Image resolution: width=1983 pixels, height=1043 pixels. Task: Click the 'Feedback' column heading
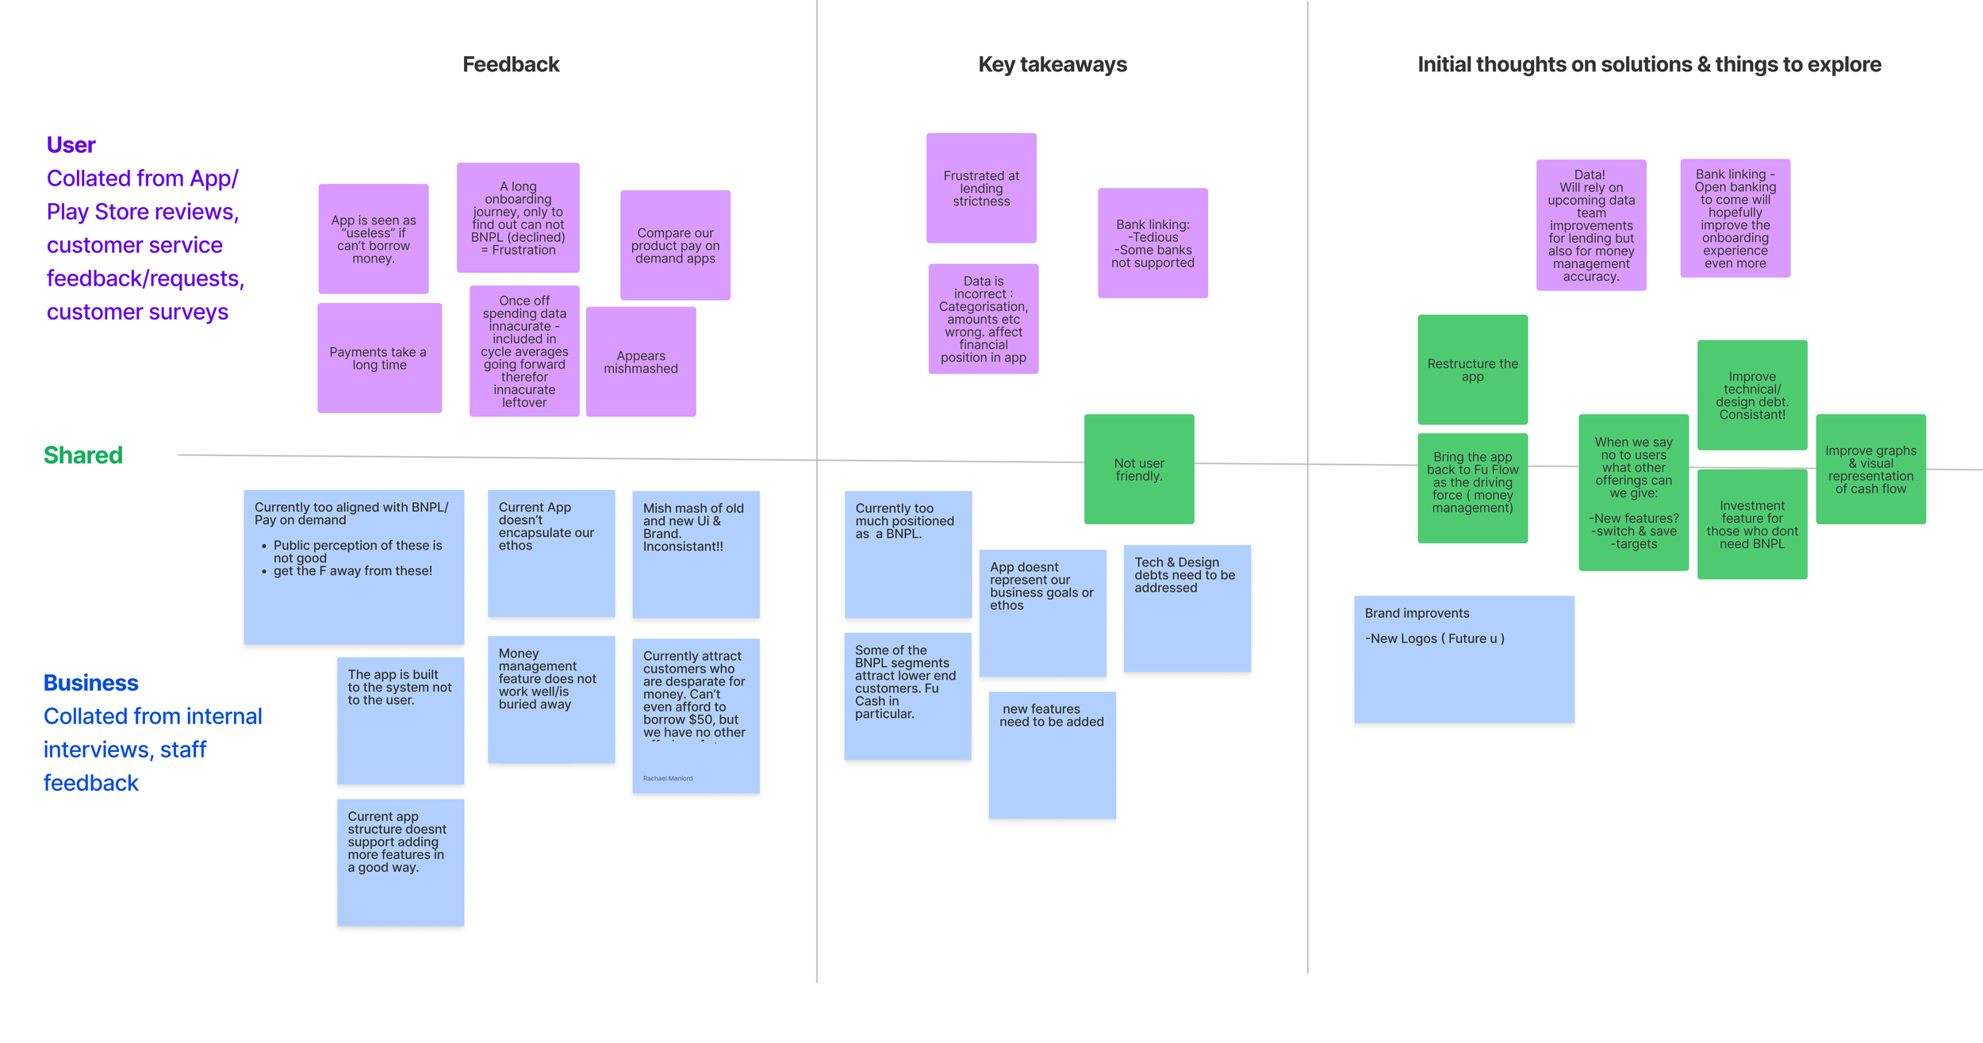click(511, 64)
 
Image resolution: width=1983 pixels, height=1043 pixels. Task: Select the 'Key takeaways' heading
click(1052, 64)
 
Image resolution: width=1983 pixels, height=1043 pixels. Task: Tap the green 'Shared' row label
click(83, 455)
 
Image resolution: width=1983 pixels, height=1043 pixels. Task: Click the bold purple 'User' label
click(71, 145)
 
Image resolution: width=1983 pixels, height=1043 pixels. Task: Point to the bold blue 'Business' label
click(90, 683)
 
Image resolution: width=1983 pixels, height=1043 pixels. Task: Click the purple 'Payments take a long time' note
click(379, 359)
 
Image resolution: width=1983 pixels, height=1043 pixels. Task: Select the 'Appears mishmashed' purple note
click(641, 362)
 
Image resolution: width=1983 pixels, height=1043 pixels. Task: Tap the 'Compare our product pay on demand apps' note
click(675, 246)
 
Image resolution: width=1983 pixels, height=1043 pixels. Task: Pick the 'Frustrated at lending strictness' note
click(981, 189)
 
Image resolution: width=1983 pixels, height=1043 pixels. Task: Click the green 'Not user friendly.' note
click(1139, 470)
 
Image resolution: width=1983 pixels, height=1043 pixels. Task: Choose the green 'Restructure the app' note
click(1472, 370)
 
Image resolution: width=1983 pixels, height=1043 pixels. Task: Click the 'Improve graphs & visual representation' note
click(1870, 470)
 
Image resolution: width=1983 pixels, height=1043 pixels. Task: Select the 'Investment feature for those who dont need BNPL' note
click(1752, 525)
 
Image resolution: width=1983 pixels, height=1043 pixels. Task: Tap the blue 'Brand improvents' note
click(1463, 659)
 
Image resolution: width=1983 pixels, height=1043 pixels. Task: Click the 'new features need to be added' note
click(1052, 754)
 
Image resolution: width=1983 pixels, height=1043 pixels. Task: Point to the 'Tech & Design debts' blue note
click(1187, 608)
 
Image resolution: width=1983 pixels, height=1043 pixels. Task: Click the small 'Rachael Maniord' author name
click(667, 778)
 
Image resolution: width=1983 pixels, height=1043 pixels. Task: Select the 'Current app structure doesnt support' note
click(400, 862)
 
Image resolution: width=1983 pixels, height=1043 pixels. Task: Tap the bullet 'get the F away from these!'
click(352, 571)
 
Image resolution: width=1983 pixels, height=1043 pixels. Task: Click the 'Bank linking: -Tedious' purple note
click(1153, 243)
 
